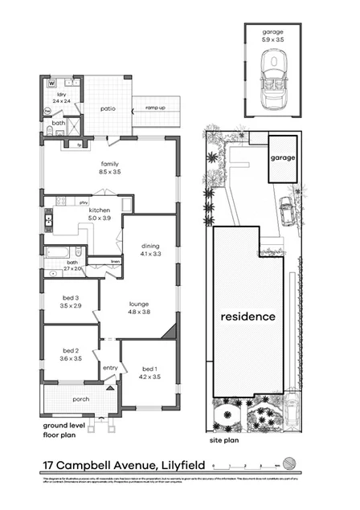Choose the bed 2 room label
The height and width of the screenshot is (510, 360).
[x=71, y=355]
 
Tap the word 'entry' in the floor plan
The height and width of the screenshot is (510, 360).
[x=109, y=368]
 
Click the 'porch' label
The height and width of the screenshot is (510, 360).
[x=80, y=399]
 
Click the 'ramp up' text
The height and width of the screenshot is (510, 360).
[x=154, y=107]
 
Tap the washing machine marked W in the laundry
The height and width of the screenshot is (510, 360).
[x=51, y=83]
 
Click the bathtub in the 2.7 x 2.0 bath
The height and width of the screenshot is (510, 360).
[x=58, y=253]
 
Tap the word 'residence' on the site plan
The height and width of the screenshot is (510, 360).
[x=248, y=316]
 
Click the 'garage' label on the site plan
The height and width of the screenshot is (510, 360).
[x=282, y=158]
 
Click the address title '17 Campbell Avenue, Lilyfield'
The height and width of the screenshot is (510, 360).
[x=124, y=464]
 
